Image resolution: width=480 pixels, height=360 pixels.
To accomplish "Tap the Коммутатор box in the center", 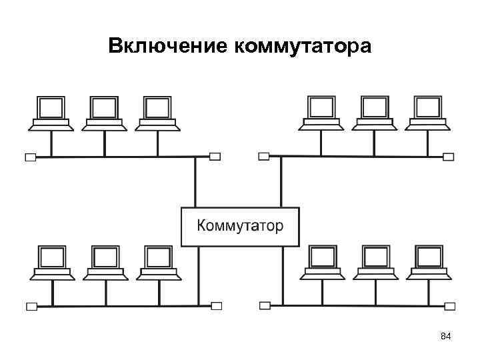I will tap(240, 226).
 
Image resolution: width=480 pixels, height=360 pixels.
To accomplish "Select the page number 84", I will tap(446, 337).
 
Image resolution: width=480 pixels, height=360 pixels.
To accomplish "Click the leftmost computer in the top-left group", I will tap(51, 113).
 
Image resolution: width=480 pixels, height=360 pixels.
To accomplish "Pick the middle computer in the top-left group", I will tap(105, 113).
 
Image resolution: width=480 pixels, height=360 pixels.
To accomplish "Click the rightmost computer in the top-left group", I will tap(158, 113).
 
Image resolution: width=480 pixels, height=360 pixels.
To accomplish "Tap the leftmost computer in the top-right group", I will tap(321, 113).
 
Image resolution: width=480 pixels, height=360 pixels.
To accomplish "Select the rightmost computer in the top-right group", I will tap(427, 113).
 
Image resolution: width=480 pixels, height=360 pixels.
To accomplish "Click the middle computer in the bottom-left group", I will tap(105, 262).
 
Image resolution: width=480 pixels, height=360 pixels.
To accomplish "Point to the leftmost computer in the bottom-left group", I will tap(51, 262).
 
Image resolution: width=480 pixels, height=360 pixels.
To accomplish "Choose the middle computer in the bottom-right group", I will tap(374, 262).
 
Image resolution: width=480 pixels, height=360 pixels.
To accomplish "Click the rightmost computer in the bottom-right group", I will tap(427, 262).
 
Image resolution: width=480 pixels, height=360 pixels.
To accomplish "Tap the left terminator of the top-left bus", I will tap(30, 157).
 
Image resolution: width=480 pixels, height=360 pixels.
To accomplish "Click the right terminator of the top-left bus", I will tap(215, 157).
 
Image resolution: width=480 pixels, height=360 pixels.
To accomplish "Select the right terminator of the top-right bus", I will tap(449, 157).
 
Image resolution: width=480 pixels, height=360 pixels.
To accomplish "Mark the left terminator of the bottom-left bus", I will tap(31, 307).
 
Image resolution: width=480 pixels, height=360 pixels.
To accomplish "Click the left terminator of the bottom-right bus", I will tap(265, 306).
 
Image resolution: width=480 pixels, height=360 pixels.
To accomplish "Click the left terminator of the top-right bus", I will tap(264, 157).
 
